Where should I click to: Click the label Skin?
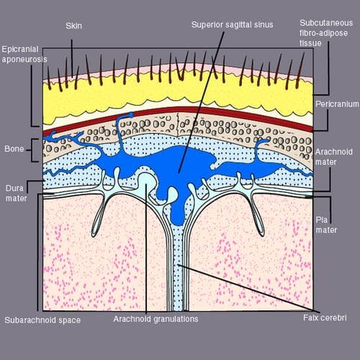(73, 26)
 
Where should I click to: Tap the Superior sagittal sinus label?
(232, 24)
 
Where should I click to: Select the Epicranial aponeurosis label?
(24, 54)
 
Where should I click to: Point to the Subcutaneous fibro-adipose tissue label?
(326, 33)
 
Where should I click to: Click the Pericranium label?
(337, 104)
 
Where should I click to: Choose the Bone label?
(14, 149)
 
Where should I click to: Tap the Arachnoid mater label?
(333, 157)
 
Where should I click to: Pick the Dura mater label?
(16, 193)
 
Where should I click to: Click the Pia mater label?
(326, 225)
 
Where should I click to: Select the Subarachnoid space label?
(42, 320)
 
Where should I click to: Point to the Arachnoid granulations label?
(156, 319)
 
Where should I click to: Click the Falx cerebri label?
(325, 318)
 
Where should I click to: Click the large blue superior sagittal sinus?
(168, 163)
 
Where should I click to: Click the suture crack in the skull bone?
(178, 125)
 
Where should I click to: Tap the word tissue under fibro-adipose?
(310, 43)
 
